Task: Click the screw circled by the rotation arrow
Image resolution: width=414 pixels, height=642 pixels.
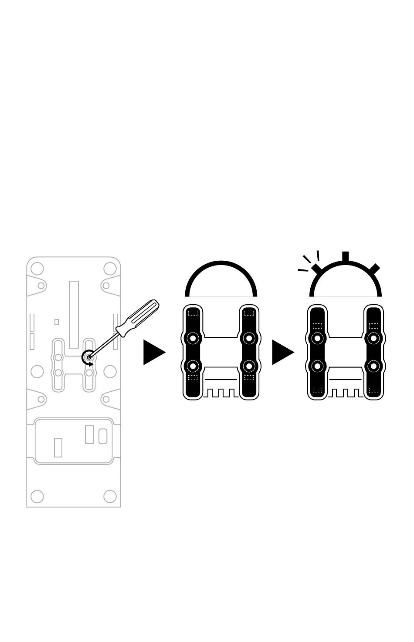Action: [x=89, y=357]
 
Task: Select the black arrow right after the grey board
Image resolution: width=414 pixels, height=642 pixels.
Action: [x=153, y=352]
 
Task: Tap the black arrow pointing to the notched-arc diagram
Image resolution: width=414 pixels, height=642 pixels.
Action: [x=282, y=352]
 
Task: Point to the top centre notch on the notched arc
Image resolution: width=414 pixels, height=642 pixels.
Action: [x=345, y=257]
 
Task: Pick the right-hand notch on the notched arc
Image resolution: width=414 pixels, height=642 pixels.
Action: [x=374, y=269]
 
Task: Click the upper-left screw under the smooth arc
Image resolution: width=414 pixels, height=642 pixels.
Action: [x=193, y=338]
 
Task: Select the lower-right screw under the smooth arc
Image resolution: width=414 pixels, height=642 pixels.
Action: [x=249, y=366]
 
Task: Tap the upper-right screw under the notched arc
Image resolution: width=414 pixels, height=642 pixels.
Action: [x=373, y=338]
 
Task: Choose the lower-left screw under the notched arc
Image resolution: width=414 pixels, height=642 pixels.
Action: [x=317, y=366]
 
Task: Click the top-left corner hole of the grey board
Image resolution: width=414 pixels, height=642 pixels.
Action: [x=37, y=268]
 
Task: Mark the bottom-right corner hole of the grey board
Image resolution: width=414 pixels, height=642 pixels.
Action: [x=110, y=496]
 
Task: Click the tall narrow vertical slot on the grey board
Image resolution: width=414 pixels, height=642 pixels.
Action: [x=74, y=314]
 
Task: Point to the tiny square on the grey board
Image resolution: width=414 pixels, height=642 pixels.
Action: [x=57, y=322]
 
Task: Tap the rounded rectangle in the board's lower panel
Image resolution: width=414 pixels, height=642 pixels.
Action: [x=103, y=436]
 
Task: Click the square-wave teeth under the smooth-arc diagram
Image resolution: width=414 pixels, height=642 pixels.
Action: [x=221, y=393]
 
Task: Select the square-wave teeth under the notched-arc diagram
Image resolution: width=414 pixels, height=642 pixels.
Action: [x=346, y=393]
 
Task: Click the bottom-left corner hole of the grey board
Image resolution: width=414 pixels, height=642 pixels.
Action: [x=37, y=496]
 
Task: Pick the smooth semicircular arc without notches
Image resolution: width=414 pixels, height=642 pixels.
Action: [x=221, y=263]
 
